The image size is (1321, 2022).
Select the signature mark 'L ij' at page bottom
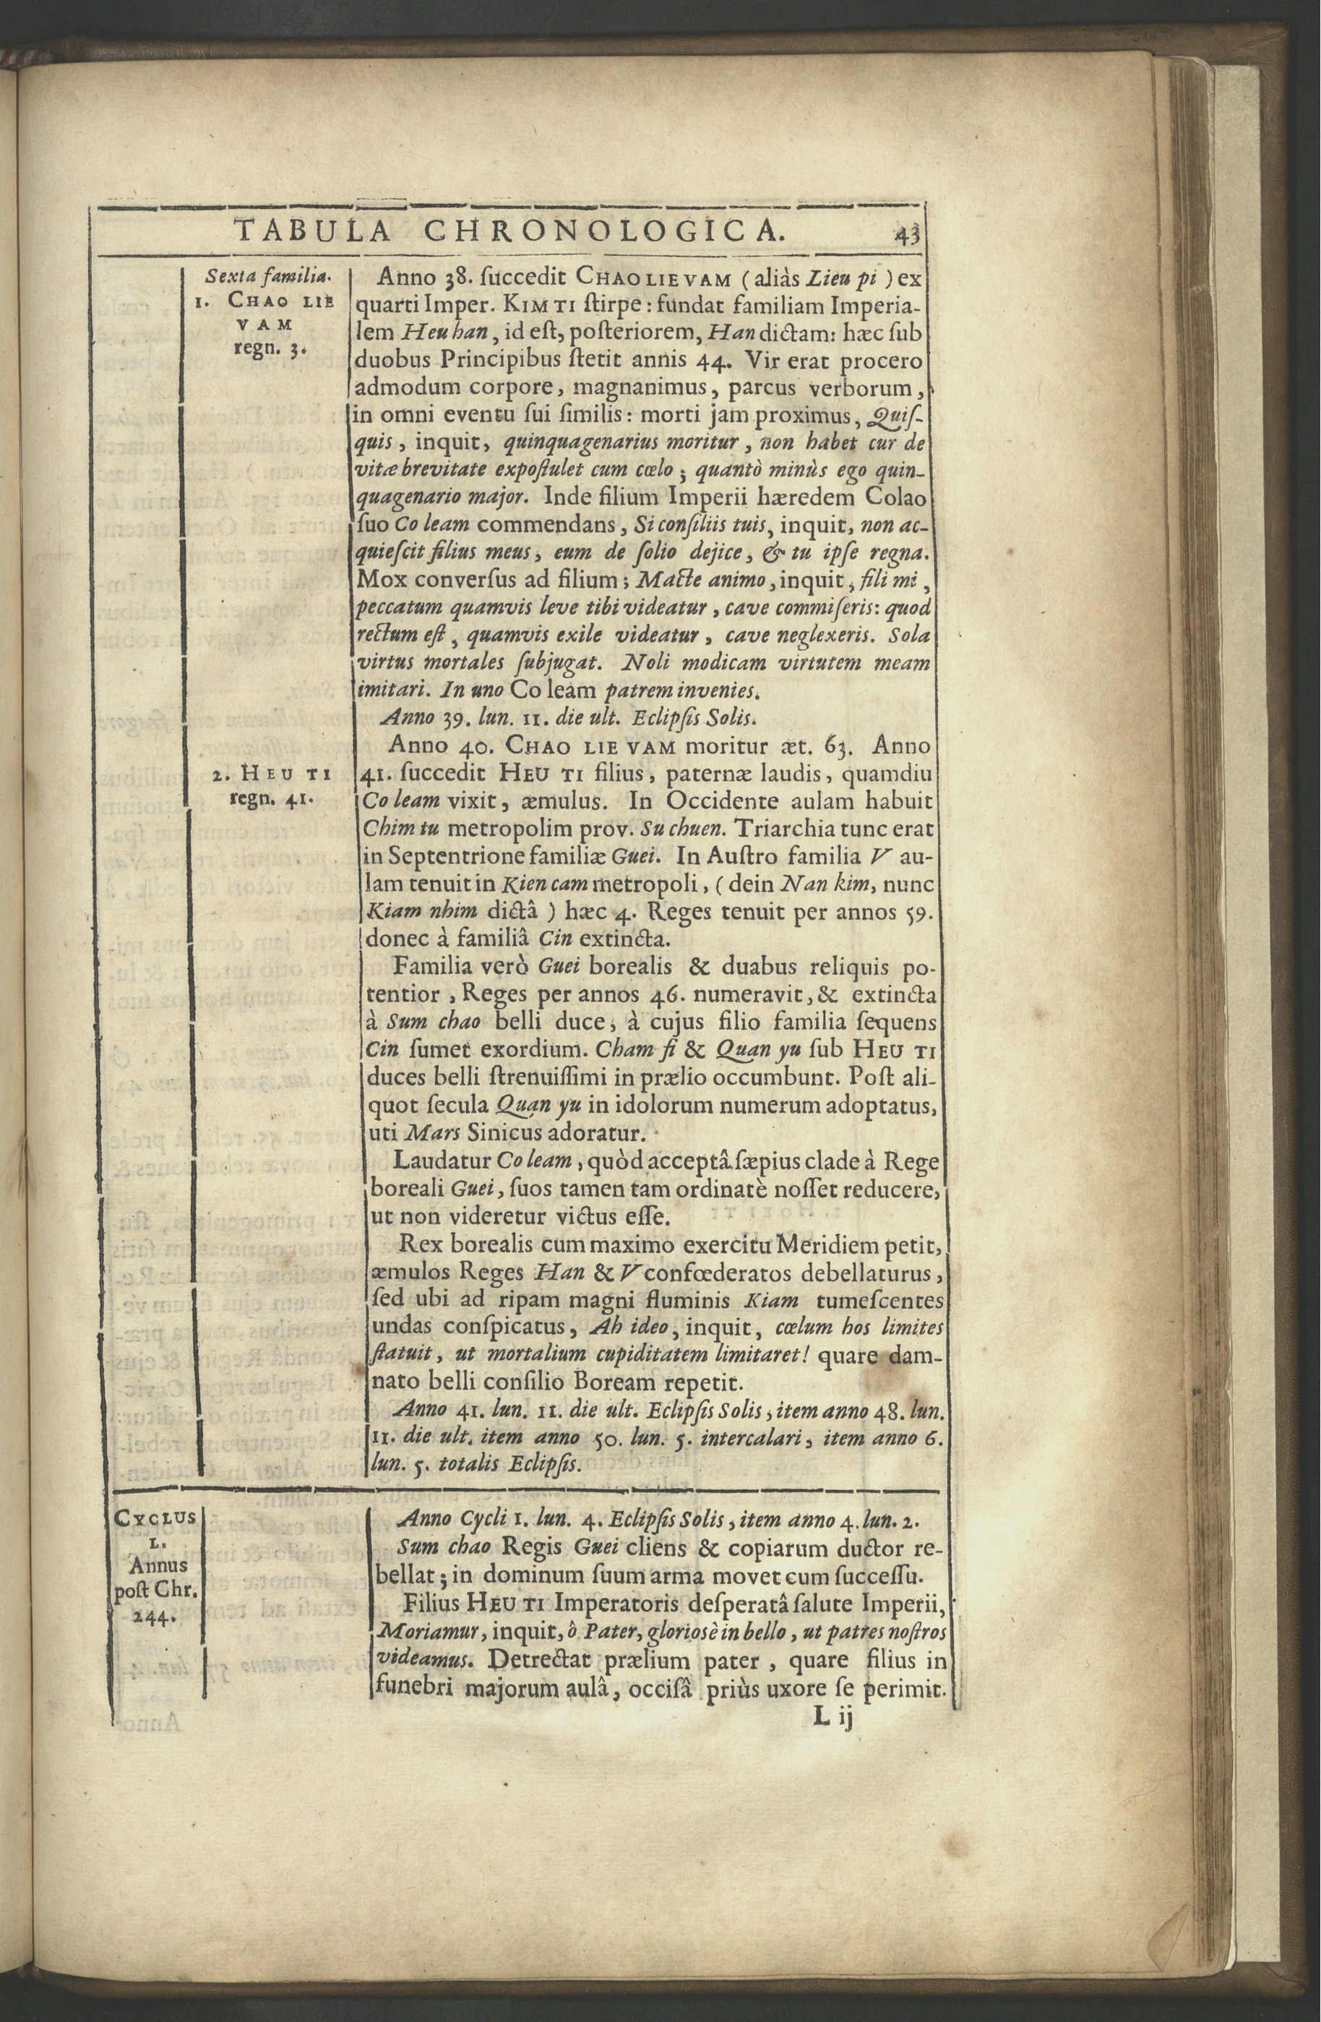(x=837, y=1717)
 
